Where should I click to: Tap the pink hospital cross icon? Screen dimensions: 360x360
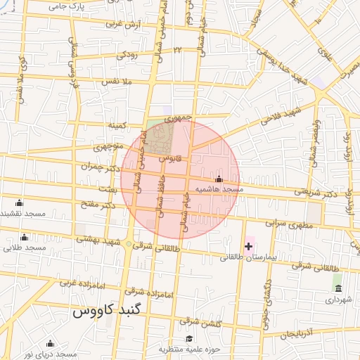click(x=247, y=245)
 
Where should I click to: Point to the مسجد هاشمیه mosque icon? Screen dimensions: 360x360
click(x=219, y=179)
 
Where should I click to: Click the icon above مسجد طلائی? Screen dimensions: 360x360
click(x=25, y=237)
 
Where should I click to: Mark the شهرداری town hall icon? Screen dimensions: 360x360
click(x=338, y=289)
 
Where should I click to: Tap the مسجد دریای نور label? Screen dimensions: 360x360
click(x=49, y=354)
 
